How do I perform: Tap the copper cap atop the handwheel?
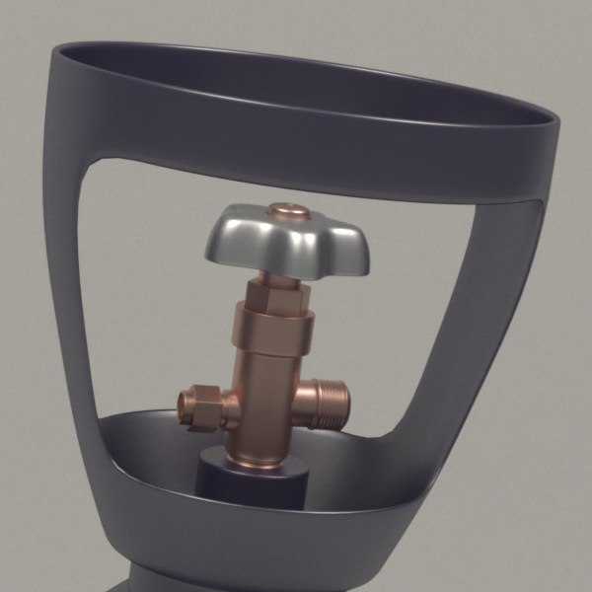point(289,210)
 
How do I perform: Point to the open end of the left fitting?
point(186,407)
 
